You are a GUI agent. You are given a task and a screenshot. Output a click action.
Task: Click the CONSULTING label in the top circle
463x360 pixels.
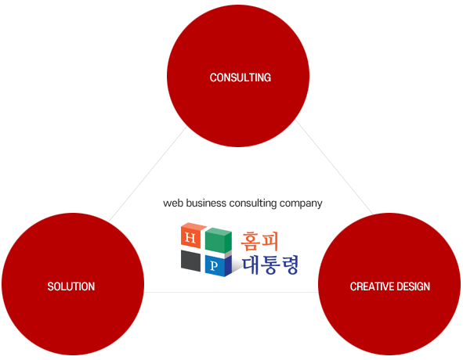tap(241, 77)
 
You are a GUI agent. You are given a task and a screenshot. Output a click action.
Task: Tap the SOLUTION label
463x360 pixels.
tap(71, 286)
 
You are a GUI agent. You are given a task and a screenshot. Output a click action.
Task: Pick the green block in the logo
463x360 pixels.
tap(219, 240)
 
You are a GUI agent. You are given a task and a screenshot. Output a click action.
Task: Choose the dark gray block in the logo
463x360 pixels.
tap(190, 261)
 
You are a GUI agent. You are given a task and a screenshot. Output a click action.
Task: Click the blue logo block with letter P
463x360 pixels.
tap(218, 265)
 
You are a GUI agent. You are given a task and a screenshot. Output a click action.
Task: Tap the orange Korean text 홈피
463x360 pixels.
tap(259, 241)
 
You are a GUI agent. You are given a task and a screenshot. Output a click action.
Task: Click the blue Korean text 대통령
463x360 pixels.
tap(270, 265)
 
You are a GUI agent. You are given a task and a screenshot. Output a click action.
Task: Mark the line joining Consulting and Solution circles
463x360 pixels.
tap(147, 175)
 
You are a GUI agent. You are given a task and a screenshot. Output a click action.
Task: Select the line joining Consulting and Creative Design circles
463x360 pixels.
tap(335, 167)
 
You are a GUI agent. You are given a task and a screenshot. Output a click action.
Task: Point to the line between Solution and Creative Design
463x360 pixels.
tap(231, 292)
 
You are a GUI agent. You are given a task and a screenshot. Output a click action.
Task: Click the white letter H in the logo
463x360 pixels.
tap(190, 238)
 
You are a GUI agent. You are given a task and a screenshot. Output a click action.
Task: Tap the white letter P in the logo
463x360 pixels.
tap(214, 266)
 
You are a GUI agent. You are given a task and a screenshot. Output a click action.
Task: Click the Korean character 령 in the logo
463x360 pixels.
tap(290, 265)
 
